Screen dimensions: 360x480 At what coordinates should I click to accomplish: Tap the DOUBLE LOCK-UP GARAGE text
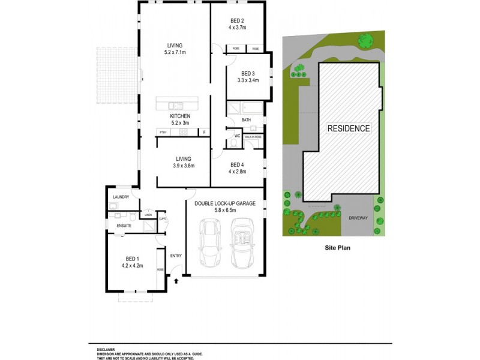pos(225,204)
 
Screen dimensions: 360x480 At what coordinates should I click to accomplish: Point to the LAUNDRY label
pos(121,197)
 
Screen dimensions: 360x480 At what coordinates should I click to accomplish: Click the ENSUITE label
pos(124,226)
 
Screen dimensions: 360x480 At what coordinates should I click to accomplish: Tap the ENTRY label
pos(176,256)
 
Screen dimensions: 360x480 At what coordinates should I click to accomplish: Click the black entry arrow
pos(176,280)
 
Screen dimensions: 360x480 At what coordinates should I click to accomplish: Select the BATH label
pos(246,120)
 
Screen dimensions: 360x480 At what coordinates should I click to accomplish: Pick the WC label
pos(237,137)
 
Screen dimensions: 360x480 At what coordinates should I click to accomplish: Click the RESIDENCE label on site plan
pos(349,128)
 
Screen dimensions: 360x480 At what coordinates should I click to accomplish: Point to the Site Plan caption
pos(337,247)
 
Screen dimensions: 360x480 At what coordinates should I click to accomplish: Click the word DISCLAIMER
pos(107,349)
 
